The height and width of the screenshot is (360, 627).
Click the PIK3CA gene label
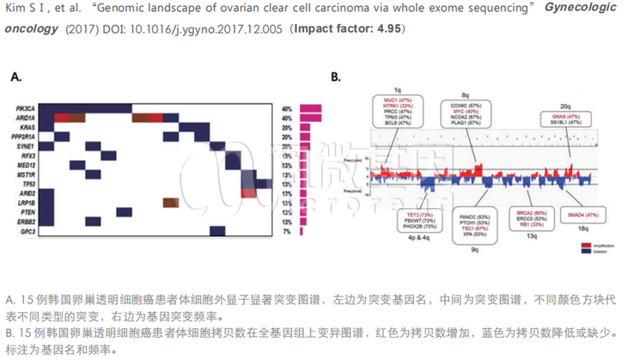click(24, 108)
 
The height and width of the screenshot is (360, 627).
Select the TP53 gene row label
click(27, 183)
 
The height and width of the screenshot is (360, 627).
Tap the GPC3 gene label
click(27, 231)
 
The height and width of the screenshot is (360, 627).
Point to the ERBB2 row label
click(25, 221)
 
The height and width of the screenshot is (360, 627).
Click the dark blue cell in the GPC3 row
click(46, 231)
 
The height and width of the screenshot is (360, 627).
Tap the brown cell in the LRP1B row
click(169, 202)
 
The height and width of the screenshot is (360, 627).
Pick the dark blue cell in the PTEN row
click(124, 211)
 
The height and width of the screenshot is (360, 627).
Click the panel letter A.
click(15, 77)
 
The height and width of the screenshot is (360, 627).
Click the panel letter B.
click(336, 77)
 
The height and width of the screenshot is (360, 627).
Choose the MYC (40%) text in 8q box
click(465, 112)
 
